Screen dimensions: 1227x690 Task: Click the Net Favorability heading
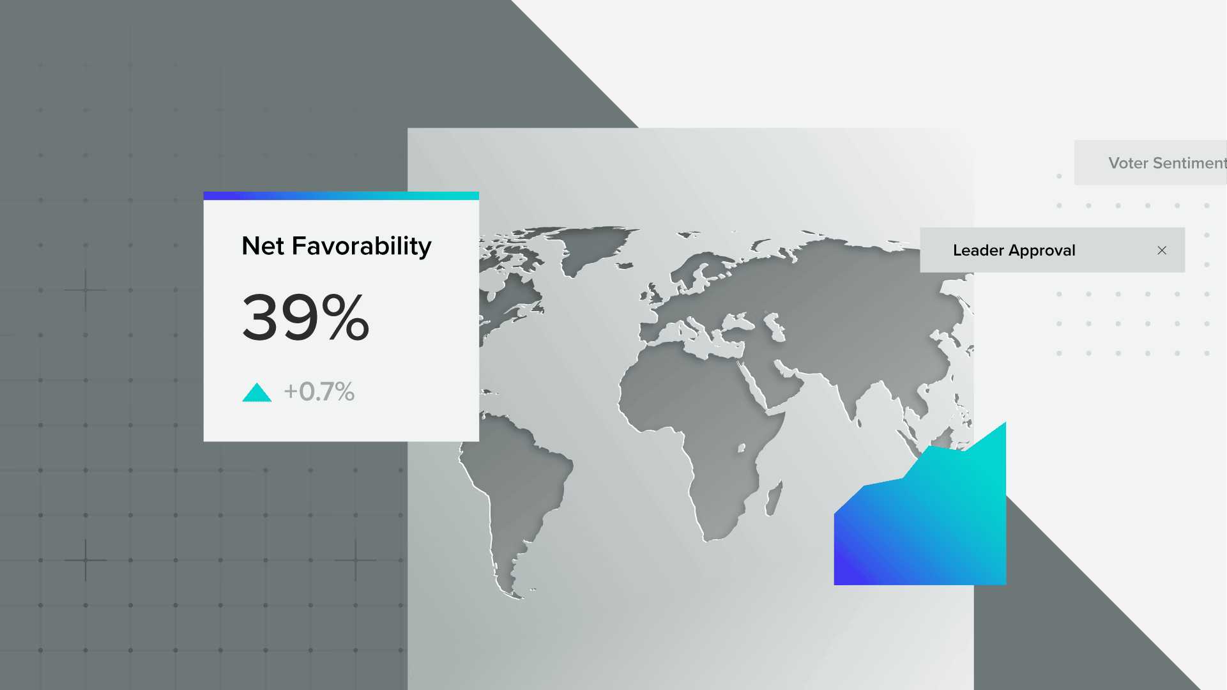click(x=337, y=247)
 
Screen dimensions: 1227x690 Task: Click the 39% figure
click(x=306, y=317)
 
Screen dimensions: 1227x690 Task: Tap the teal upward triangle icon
click(x=257, y=392)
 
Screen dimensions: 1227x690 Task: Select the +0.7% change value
click(x=319, y=392)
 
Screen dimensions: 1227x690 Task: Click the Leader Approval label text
click(x=1014, y=250)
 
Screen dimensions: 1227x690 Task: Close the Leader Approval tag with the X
click(x=1162, y=250)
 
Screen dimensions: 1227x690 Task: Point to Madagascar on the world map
click(x=774, y=498)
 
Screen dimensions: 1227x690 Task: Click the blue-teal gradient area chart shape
click(x=926, y=524)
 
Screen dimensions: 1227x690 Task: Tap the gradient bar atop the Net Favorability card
click(x=341, y=195)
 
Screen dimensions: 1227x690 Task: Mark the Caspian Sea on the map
click(x=774, y=326)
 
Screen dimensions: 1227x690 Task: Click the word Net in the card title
click(x=263, y=247)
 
